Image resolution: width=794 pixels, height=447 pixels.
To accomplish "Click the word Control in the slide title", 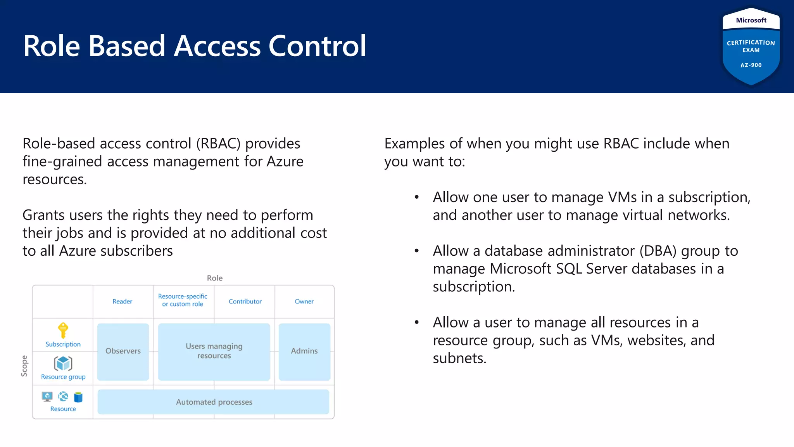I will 317,46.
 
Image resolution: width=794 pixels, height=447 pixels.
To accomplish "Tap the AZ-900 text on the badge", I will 751,65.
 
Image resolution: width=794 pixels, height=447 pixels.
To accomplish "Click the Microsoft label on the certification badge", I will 751,20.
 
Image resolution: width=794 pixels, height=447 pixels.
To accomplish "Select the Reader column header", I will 122,301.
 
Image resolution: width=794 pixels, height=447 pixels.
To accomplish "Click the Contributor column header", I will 245,301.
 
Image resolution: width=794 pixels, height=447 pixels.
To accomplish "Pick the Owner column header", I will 304,301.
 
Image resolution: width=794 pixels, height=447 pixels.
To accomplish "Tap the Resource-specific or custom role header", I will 183,300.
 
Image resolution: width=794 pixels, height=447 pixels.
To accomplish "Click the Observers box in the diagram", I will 123,351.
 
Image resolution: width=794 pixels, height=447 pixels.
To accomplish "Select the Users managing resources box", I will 214,351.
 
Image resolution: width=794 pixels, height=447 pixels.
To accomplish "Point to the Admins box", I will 304,351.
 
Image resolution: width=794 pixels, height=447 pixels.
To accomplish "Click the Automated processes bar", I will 214,402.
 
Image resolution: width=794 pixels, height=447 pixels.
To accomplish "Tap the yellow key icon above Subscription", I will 63,330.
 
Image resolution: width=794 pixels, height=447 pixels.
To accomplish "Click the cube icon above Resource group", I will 63,364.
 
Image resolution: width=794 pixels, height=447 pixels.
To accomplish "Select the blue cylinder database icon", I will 78,397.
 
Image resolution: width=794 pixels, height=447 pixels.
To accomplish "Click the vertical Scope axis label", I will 24,366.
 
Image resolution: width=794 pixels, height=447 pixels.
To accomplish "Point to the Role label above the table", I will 214,278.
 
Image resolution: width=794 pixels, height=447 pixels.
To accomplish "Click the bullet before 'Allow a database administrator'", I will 417,251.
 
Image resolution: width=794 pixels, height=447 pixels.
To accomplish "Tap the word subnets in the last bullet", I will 459,358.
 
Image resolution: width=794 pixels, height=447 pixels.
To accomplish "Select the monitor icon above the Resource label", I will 47,397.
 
